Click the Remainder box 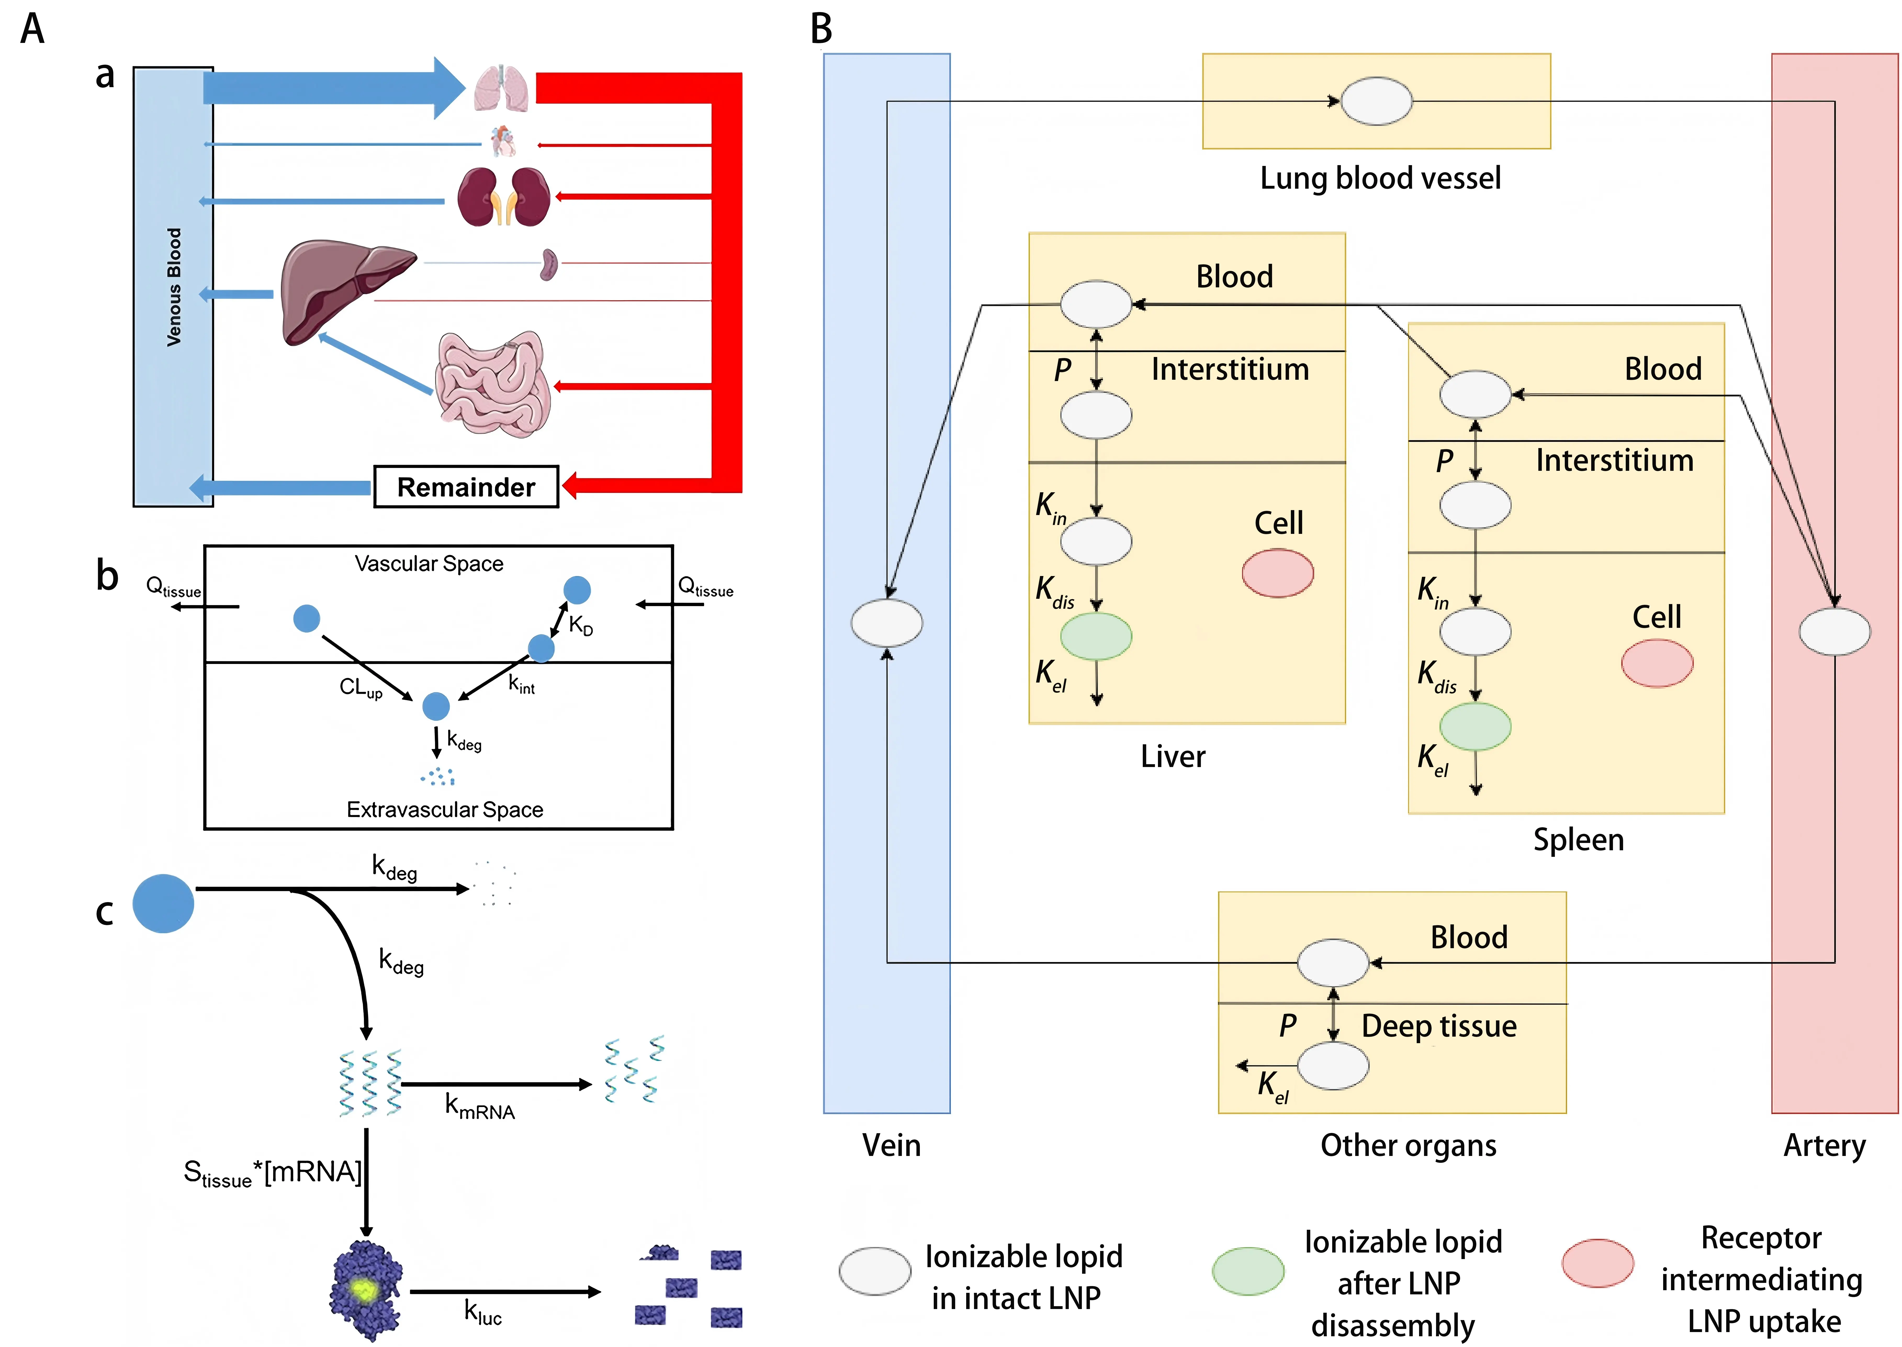(x=466, y=487)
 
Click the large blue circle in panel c (x=163, y=903)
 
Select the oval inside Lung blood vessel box (x=1376, y=101)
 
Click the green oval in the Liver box (x=1096, y=636)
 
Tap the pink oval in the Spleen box (x=1657, y=663)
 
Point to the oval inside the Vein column (x=886, y=623)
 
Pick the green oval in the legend (x=1248, y=1271)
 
